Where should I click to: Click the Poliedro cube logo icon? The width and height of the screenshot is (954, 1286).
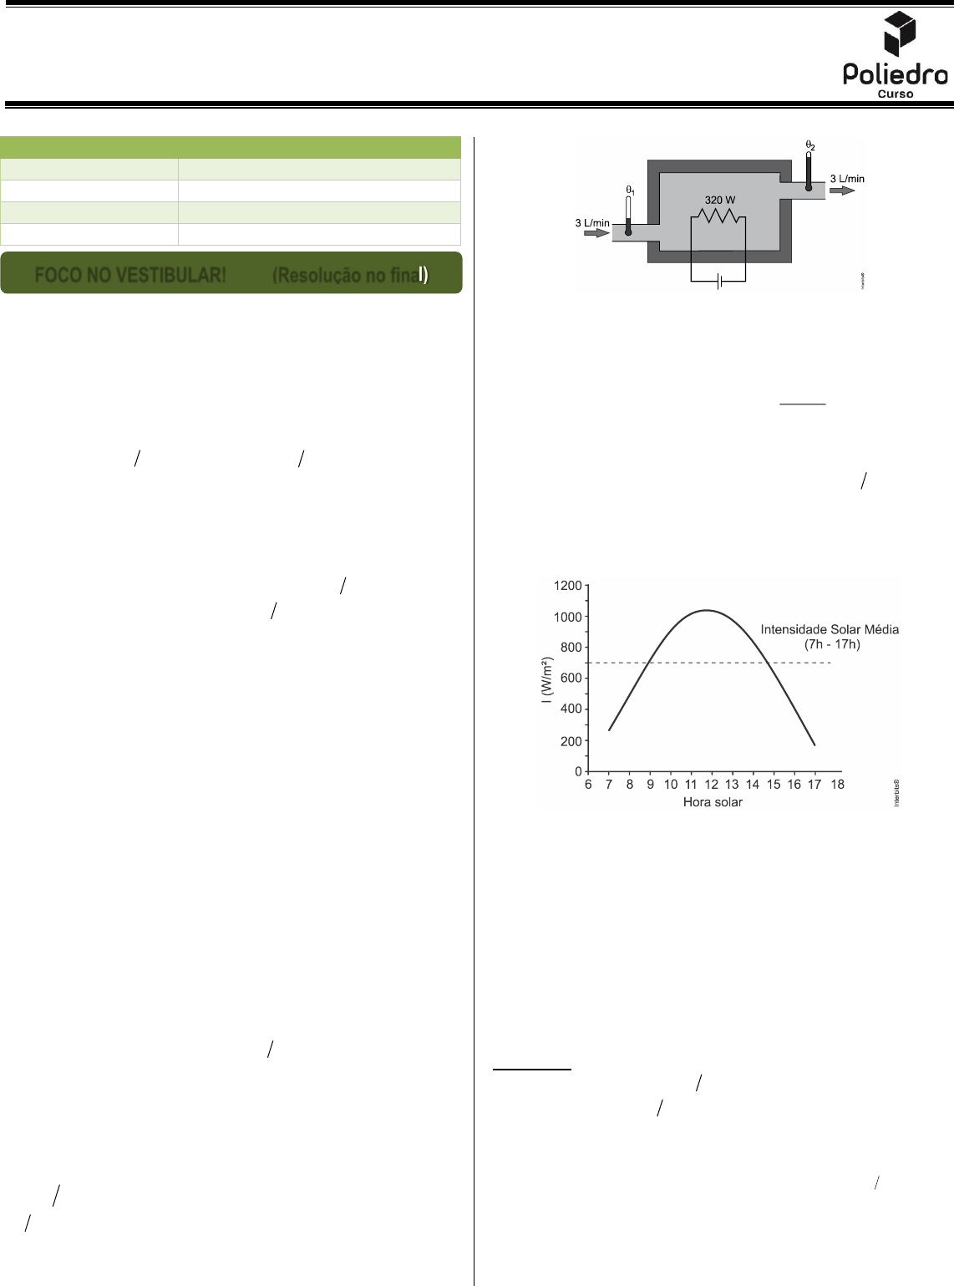click(x=899, y=33)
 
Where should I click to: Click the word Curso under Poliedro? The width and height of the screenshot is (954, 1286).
click(x=895, y=94)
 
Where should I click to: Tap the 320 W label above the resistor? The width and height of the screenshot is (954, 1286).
click(x=720, y=200)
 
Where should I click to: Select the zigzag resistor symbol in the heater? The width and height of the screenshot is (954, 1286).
click(x=718, y=216)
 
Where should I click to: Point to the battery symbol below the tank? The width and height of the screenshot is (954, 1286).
click(x=718, y=282)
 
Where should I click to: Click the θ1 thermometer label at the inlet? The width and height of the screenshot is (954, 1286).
click(x=630, y=191)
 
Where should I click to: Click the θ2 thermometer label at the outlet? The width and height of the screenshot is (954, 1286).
click(x=810, y=145)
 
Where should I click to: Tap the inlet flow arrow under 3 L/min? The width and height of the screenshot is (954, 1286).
click(x=596, y=233)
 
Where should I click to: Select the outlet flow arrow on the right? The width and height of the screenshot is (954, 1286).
click(x=841, y=191)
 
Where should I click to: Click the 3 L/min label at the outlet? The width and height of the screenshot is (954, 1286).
click(x=847, y=179)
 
